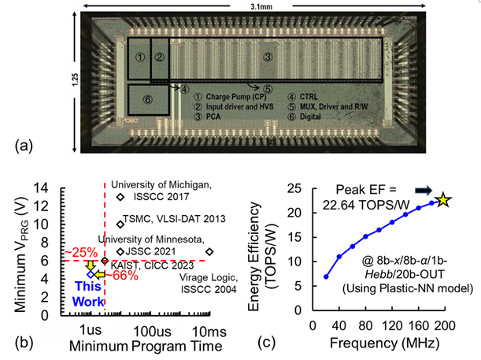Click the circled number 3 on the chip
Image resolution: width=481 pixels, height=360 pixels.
tap(267, 57)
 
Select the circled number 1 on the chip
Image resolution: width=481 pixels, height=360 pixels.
tap(139, 57)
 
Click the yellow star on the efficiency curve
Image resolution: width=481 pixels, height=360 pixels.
tap(444, 200)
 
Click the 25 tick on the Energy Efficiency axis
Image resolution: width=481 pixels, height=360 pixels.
tap(298, 187)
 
